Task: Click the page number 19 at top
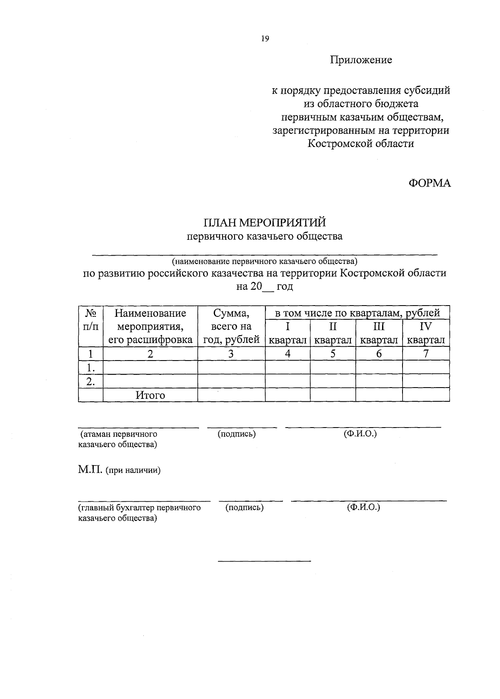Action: [x=265, y=39]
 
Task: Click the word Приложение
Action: [x=361, y=60]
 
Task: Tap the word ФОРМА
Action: [x=430, y=183]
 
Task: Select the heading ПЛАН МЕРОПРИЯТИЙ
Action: [x=265, y=223]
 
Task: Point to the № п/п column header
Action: [x=90, y=320]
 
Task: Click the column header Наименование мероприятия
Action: [x=150, y=326]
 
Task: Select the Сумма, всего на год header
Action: [x=231, y=326]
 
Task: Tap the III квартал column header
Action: [x=379, y=333]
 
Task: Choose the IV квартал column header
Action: [x=426, y=333]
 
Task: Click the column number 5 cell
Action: [x=333, y=354]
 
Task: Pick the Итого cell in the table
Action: [x=150, y=395]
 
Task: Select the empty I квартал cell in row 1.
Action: [x=287, y=368]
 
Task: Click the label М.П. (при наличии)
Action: [x=119, y=470]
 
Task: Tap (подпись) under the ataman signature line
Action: [x=237, y=434]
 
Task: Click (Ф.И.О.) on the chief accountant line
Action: [x=363, y=507]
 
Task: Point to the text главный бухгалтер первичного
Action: [x=140, y=508]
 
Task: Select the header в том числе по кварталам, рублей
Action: [x=357, y=313]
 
